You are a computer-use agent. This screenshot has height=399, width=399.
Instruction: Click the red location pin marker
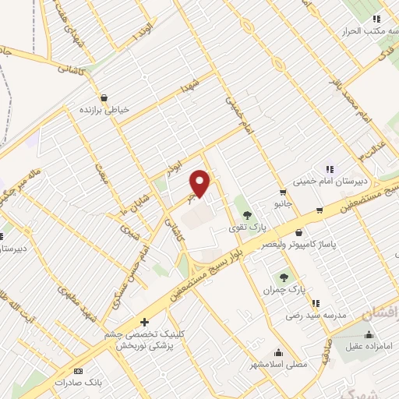202,183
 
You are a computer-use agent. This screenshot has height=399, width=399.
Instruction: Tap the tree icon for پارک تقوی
247,214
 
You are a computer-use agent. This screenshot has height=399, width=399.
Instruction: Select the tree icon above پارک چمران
284,276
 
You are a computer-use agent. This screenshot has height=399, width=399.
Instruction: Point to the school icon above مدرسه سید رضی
316,303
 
